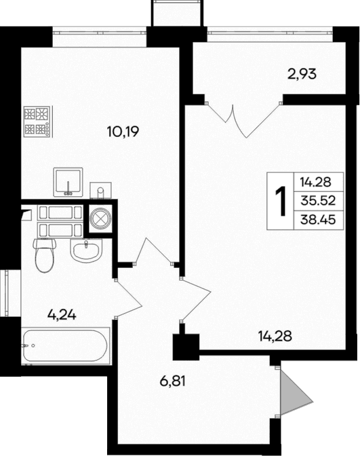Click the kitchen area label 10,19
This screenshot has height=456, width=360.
(x=122, y=132)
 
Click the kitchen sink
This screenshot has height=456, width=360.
(x=68, y=182)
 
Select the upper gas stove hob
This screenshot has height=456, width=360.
(x=37, y=113)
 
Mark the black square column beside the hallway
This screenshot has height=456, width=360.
(x=184, y=347)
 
